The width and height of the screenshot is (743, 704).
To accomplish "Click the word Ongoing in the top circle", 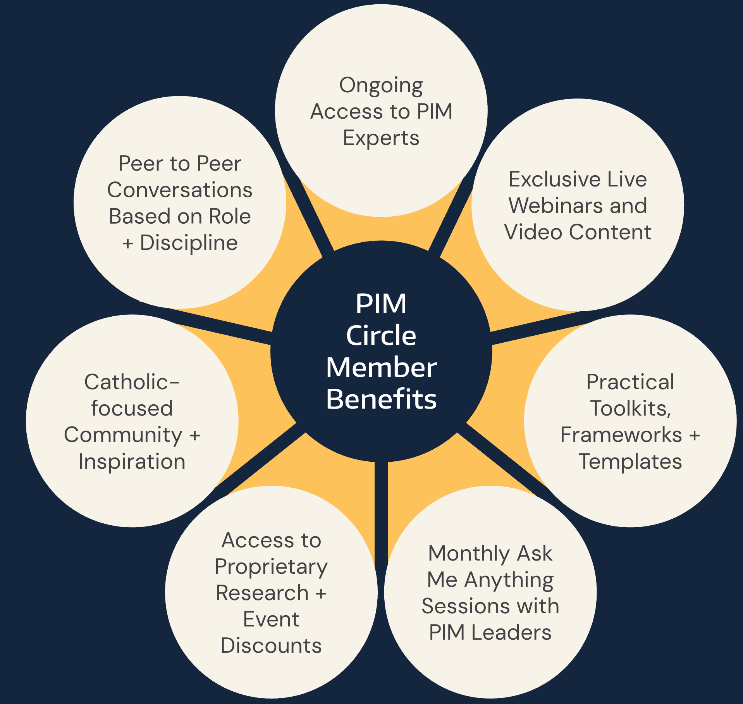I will pos(381,86).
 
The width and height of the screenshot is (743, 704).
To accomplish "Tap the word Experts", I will pos(381,138).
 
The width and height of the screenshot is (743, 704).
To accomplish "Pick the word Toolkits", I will pos(630,408).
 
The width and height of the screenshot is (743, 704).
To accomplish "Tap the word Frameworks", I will pos(621,435).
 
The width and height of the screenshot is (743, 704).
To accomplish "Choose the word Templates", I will pos(630,461).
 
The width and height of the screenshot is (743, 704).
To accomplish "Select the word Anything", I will pos(509,580).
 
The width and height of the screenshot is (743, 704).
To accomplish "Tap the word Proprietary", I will pos(271,567).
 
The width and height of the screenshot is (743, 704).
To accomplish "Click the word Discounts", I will pos(271,645).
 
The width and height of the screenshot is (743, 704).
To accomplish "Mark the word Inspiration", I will pos(132,461).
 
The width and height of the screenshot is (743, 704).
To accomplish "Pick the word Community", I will pos(123,435).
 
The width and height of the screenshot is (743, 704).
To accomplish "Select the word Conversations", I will pos(180,190).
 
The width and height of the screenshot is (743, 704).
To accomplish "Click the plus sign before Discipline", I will pos(127,243).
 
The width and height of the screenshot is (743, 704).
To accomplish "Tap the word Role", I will pos(230,216).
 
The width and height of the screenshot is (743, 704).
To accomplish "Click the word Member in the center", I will pos(381,367).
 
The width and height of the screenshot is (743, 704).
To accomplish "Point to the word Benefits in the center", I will pos(381,399).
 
